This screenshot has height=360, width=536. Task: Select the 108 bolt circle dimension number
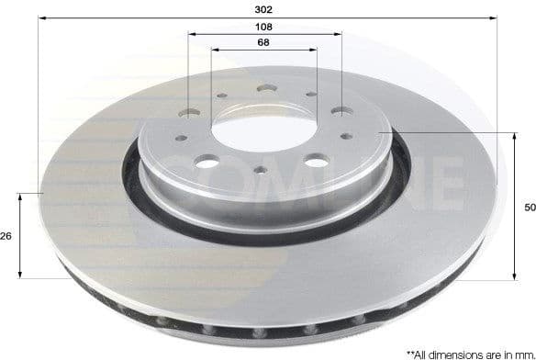pos(264,28)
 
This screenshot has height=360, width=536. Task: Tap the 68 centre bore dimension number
pos(263,42)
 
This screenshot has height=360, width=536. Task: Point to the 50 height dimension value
pos(528,208)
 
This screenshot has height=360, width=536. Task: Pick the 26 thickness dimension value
pos(6,236)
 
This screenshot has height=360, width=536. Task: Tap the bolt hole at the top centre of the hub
pos(263,88)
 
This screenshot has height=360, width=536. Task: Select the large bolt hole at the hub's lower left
pos(207,163)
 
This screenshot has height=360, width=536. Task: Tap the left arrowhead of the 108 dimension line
pos(192,35)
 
